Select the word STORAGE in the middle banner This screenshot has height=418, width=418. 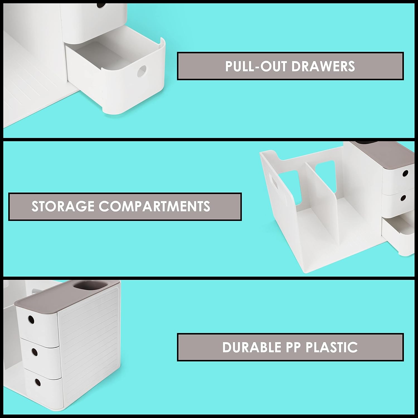(x=63, y=206)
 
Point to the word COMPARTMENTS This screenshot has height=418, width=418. (x=154, y=206)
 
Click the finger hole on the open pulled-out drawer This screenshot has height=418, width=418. (x=142, y=71)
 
